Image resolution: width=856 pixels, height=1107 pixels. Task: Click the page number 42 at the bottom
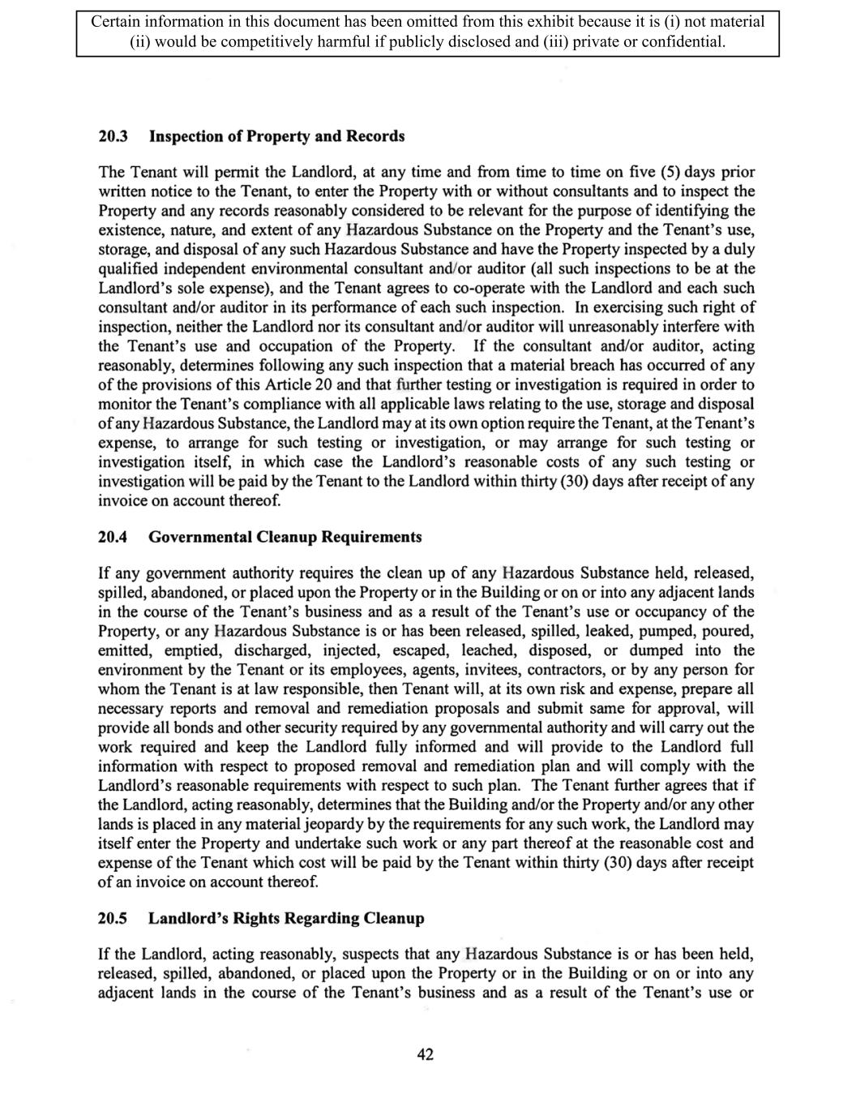click(x=425, y=1054)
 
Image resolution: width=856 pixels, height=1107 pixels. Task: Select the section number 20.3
click(x=113, y=136)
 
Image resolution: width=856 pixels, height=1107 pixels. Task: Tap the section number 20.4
click(x=113, y=537)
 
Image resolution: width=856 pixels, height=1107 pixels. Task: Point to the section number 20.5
click(x=113, y=918)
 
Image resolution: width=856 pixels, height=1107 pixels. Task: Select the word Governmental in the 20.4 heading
click(x=200, y=537)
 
